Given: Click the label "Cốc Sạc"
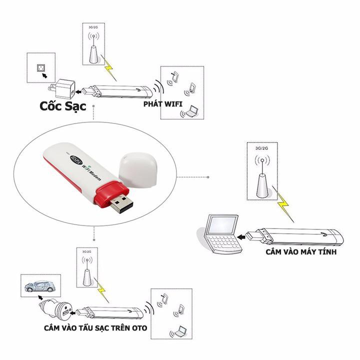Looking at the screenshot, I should [x=63, y=106].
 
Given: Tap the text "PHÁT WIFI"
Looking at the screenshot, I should [x=162, y=104].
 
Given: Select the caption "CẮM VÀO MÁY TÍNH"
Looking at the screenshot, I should [x=300, y=252].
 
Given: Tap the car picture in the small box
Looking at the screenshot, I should [x=40, y=286].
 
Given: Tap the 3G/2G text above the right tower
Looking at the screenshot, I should [x=262, y=148].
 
